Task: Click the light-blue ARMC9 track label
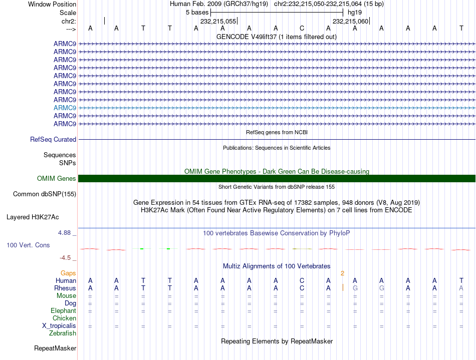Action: [65, 108]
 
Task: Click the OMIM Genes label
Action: [56, 179]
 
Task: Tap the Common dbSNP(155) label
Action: [45, 194]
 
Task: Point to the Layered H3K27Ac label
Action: [33, 217]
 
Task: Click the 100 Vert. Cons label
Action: [29, 245]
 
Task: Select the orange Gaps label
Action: [69, 273]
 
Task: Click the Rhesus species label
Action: [65, 288]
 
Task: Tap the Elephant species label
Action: [63, 311]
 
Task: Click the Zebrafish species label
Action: [63, 333]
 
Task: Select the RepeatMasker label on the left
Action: [55, 348]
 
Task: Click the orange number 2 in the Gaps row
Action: [343, 273]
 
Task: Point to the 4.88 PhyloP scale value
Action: [65, 233]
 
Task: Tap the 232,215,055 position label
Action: [218, 21]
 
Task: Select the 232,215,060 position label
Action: [350, 21]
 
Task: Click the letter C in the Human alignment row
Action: [302, 281]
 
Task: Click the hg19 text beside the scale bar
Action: [354, 12]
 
